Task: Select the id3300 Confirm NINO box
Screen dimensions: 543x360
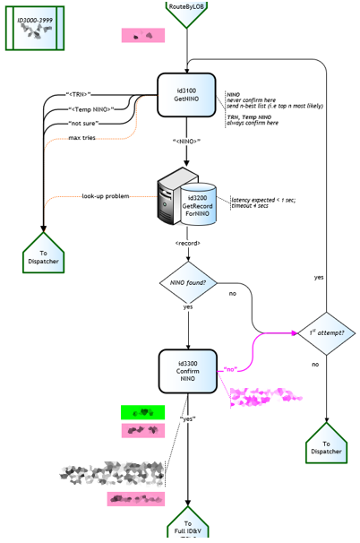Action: coord(188,371)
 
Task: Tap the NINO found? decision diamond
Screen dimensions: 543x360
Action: coord(188,283)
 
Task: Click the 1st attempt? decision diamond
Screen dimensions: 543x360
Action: coord(328,332)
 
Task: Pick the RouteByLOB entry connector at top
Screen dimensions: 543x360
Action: coord(187,12)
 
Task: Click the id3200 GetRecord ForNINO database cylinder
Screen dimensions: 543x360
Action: coord(201,205)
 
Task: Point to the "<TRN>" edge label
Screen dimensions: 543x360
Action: coord(79,93)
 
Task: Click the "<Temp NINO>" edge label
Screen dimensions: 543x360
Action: coord(92,108)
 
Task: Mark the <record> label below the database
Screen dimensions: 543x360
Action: coord(187,243)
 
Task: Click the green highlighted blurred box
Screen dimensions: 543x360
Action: coord(143,412)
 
